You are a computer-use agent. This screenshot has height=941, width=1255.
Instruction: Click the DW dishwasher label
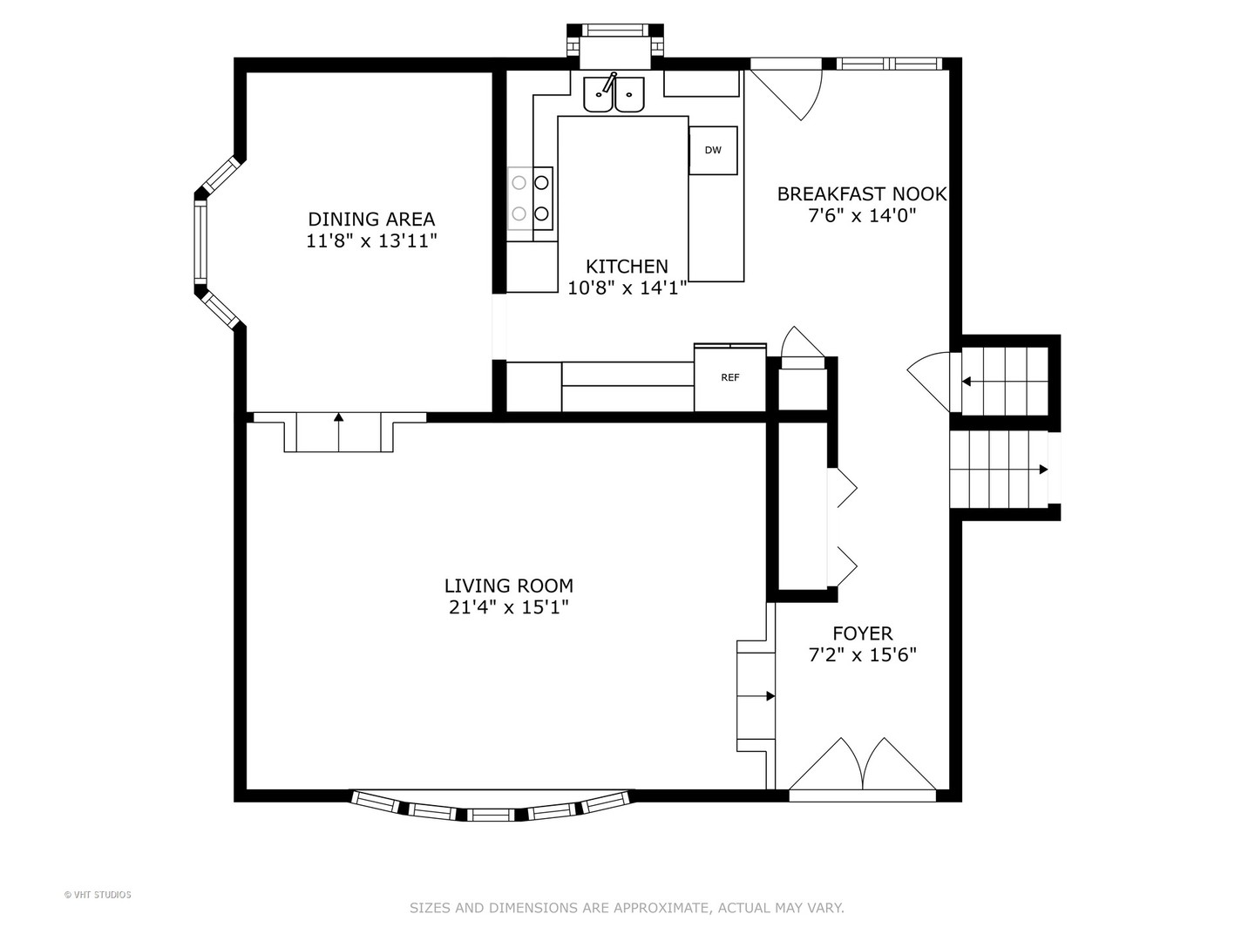(x=712, y=150)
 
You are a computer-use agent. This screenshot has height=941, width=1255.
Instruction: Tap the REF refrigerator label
(x=730, y=377)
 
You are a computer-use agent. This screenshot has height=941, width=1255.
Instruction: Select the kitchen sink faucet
(x=608, y=83)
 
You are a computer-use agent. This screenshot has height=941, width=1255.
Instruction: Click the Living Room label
(x=508, y=586)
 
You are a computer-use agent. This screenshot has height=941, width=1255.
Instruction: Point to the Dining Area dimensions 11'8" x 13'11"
(x=371, y=241)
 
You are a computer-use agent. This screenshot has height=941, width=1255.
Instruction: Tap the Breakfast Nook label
(x=862, y=194)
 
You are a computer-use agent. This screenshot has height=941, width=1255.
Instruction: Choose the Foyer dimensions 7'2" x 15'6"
(x=862, y=654)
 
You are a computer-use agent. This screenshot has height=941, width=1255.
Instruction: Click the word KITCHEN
(x=627, y=267)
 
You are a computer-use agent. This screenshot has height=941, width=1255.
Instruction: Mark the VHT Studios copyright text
(x=98, y=895)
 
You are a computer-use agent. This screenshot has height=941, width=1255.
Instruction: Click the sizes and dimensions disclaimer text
(x=627, y=908)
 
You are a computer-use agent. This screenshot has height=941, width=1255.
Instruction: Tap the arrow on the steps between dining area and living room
(x=338, y=432)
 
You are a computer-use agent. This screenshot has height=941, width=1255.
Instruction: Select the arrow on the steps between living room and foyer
(x=756, y=696)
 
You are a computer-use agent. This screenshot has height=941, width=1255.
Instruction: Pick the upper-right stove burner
(x=541, y=183)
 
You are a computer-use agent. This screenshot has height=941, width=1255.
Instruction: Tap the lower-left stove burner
(x=519, y=213)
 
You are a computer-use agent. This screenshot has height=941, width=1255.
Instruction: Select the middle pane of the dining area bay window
(x=200, y=242)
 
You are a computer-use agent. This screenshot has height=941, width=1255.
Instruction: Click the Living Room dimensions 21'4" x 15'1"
(x=508, y=606)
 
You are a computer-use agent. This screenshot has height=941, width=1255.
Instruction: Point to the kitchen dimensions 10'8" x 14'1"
(x=627, y=288)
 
